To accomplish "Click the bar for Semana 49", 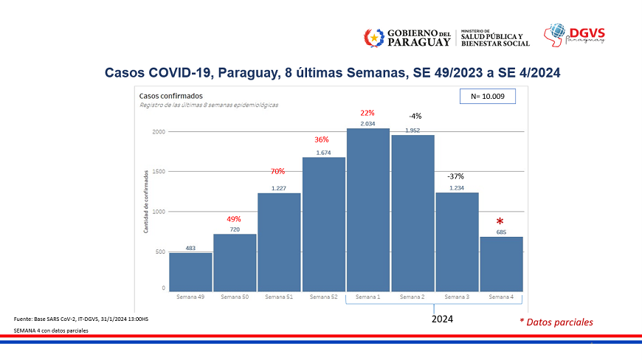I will (190, 271).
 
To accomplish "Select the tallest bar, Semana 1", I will (368, 210).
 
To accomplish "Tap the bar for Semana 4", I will (501, 263).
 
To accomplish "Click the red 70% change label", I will (277, 171).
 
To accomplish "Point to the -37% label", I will (455, 177).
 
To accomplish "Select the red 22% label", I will (367, 113).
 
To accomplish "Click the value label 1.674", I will (323, 153).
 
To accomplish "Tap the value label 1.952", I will (413, 131).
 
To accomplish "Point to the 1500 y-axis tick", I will (158, 172).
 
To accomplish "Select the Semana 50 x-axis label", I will (235, 297).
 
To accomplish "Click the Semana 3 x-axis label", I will (456, 297).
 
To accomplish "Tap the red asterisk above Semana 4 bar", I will (500, 222).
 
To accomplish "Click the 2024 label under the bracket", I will (442, 319).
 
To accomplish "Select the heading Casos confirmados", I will (170, 96).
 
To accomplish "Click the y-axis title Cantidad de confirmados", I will (145, 201).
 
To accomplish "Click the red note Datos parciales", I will (556, 322).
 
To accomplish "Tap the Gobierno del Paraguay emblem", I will (374, 37).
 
